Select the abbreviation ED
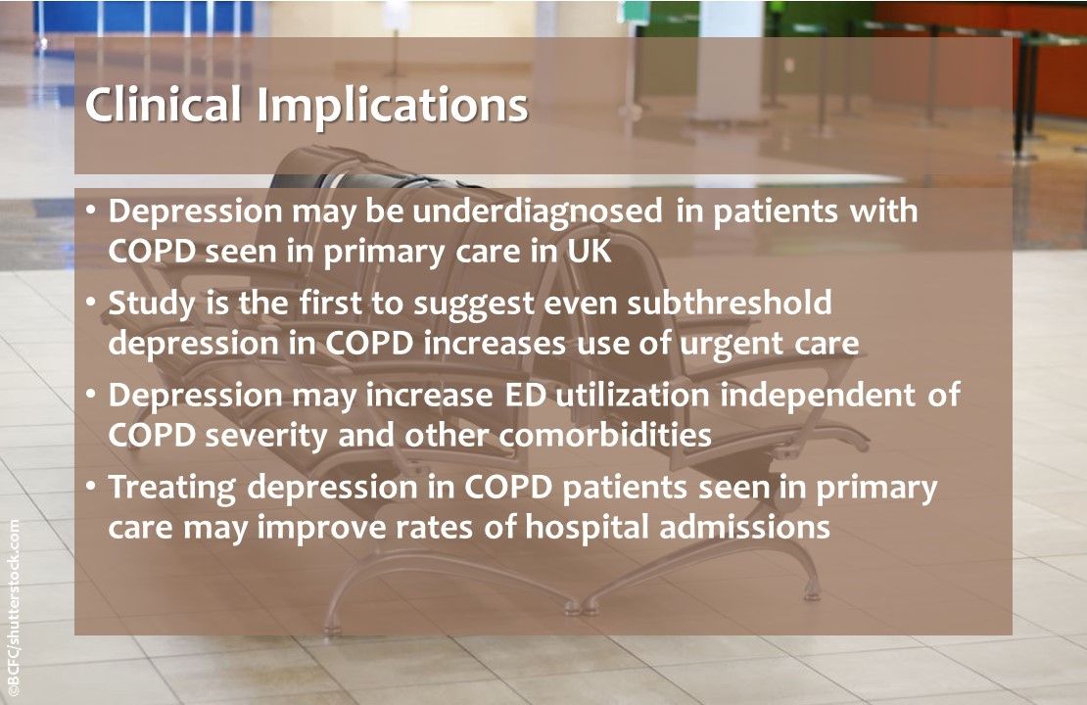click(520, 396)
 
